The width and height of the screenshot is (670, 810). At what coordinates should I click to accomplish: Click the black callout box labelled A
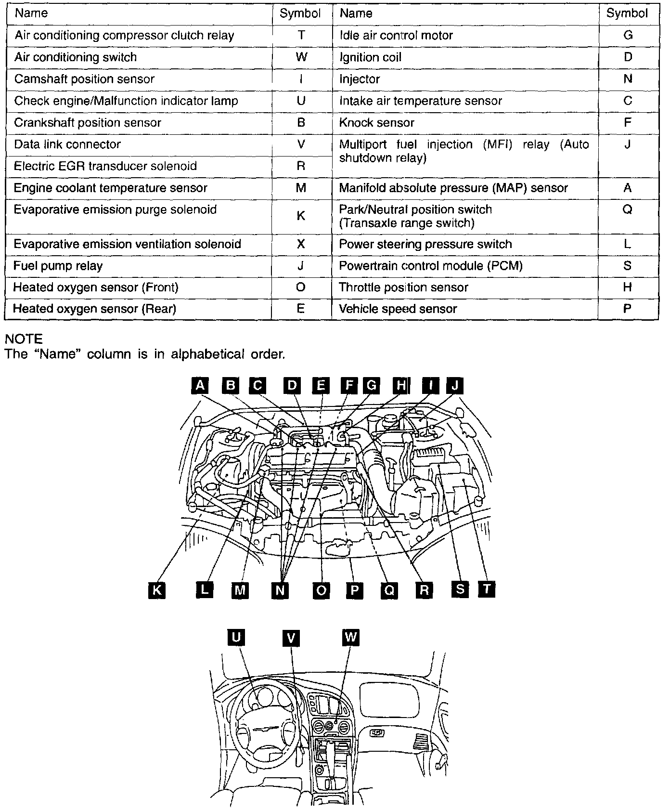[200, 386]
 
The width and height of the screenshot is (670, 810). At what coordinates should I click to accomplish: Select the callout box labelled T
[487, 588]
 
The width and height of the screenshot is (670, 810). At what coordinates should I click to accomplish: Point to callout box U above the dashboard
[236, 638]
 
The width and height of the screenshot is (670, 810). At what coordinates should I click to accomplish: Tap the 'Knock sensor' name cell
[376, 123]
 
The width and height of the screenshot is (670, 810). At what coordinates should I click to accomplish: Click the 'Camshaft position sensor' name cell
[84, 79]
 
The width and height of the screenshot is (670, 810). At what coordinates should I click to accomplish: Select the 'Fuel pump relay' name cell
[58, 266]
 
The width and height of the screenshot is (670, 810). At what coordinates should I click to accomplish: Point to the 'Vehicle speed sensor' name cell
[398, 309]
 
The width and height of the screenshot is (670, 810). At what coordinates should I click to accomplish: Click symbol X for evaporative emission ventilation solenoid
[301, 244]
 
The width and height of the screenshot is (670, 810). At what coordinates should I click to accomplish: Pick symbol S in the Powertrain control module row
[627, 266]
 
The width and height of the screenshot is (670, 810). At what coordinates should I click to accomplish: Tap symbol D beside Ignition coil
[627, 57]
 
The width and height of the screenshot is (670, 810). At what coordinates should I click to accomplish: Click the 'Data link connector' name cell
[67, 144]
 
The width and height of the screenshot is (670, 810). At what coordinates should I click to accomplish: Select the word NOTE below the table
[24, 339]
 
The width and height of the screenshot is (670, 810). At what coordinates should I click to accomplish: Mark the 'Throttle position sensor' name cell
[403, 287]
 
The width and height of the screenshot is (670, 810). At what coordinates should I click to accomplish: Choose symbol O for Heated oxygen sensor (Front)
[301, 287]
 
